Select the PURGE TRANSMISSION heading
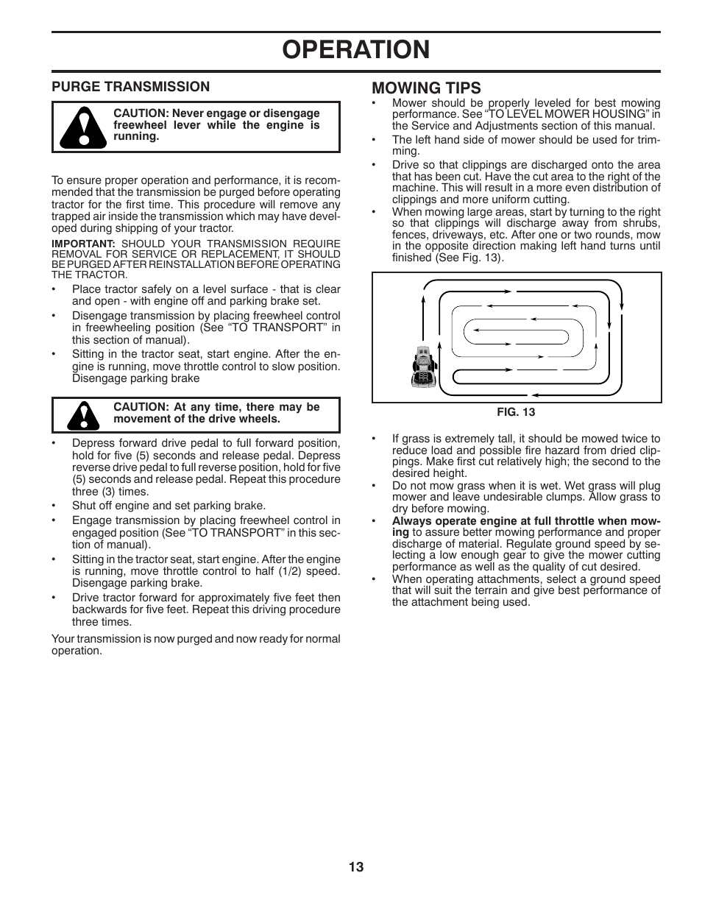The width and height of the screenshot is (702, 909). [130, 87]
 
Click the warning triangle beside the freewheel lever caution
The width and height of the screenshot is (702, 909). [82, 127]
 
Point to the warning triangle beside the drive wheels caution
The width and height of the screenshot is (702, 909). [82, 415]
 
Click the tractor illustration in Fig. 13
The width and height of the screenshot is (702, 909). [424, 366]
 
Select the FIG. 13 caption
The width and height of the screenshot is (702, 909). [516, 412]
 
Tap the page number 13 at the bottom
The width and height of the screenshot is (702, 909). [356, 867]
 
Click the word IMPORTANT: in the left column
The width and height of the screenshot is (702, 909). [83, 244]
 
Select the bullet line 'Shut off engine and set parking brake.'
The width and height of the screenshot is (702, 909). [169, 506]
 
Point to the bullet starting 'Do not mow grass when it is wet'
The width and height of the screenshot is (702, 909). [525, 497]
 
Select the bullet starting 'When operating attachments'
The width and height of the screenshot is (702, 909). [525, 590]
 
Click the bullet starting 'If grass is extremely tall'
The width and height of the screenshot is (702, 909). [525, 456]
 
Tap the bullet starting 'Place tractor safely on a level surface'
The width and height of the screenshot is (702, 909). [206, 295]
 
